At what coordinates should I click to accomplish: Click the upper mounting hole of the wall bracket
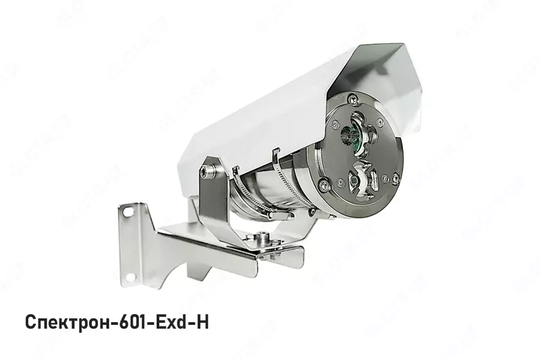pyautogui.click(x=128, y=211)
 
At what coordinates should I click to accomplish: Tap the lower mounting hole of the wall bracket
pyautogui.click(x=130, y=277)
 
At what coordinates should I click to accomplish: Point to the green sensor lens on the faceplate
pyautogui.click(x=350, y=134)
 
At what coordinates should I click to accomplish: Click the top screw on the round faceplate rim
pyautogui.click(x=353, y=98)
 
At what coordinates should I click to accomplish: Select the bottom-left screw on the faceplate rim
pyautogui.click(x=323, y=185)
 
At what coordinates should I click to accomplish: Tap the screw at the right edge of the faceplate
pyautogui.click(x=396, y=178)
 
